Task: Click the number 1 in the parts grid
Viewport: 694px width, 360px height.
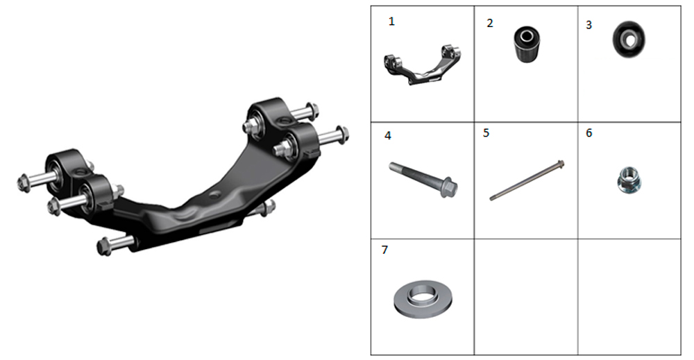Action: [x=391, y=22]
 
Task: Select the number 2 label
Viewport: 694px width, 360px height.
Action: [x=489, y=24]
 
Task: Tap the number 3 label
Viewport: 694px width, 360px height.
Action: [x=589, y=25]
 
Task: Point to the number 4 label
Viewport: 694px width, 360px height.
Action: [x=388, y=135]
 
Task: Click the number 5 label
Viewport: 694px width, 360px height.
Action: [x=486, y=133]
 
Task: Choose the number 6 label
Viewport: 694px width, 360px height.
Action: [x=589, y=133]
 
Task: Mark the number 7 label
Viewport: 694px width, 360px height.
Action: [x=384, y=250]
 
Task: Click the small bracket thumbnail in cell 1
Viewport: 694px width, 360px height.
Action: [x=421, y=65]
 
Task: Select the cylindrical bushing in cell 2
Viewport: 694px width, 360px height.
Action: [x=527, y=44]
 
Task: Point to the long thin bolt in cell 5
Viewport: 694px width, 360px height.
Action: [x=527, y=180]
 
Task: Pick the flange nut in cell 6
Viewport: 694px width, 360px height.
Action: [x=629, y=180]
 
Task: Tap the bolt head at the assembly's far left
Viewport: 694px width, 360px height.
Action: [x=24, y=182]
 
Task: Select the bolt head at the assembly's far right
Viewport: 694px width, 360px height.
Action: [x=343, y=134]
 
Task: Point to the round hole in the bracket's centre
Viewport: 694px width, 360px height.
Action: [x=216, y=194]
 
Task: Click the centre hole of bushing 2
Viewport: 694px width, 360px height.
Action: [x=527, y=36]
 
